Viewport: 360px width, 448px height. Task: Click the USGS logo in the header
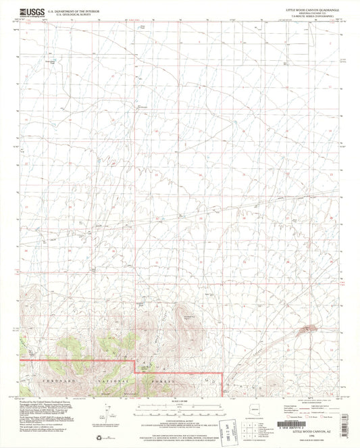(30, 11)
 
